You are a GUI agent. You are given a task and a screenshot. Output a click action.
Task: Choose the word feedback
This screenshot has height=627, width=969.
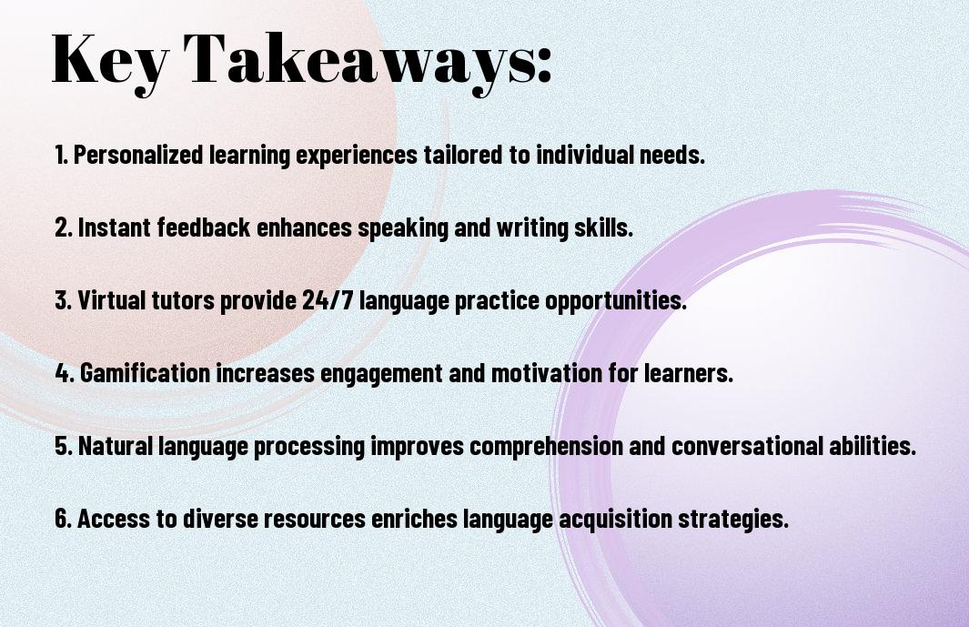coord(203,227)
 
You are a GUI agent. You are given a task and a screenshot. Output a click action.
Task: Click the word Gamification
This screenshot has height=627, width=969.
coord(146,373)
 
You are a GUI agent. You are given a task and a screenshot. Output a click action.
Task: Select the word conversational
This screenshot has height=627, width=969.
coord(746,446)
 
